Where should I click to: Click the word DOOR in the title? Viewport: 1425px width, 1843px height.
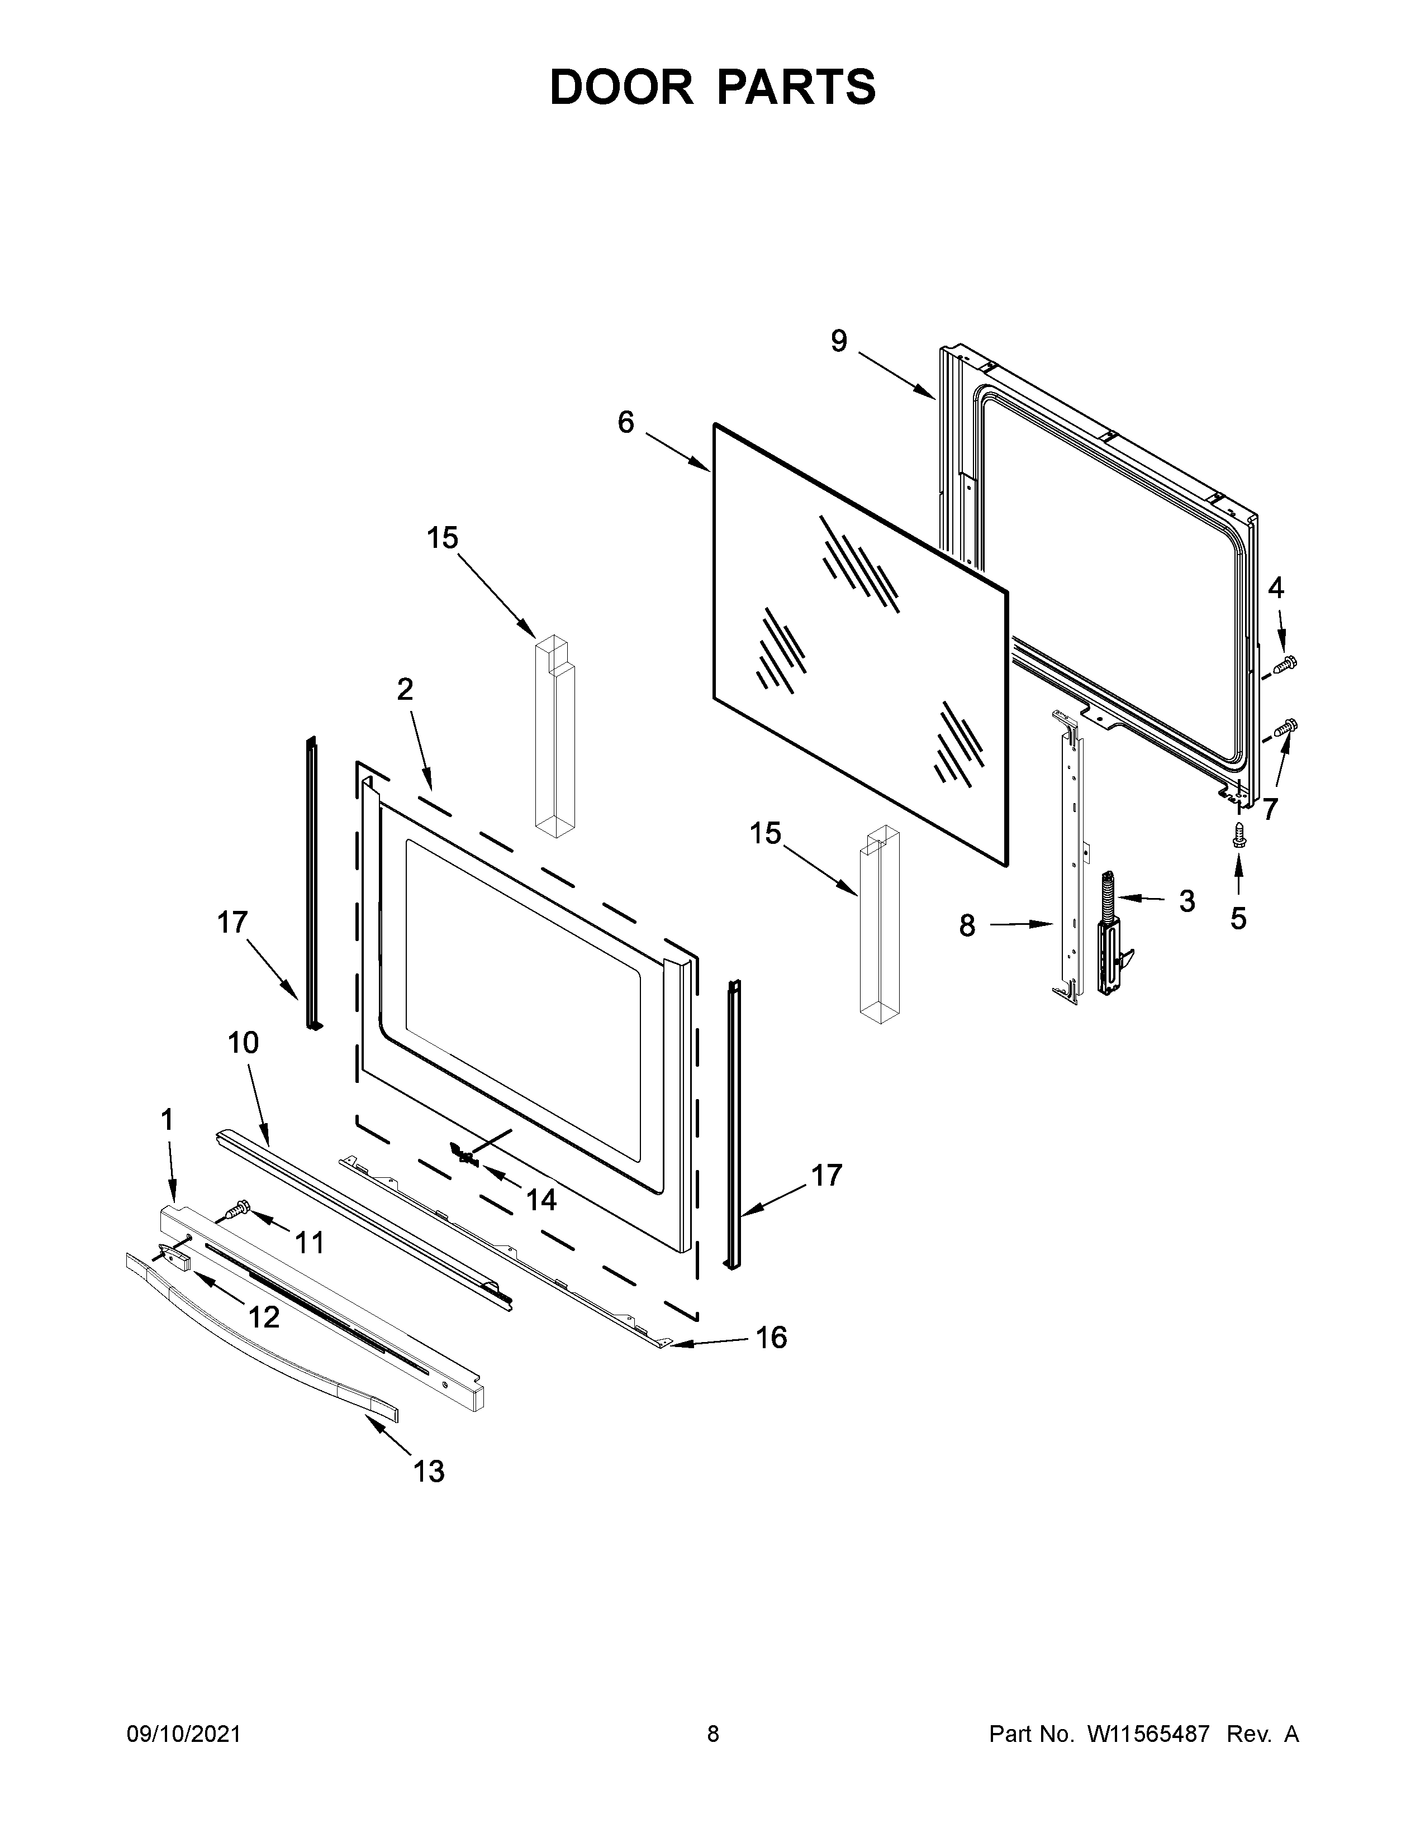[x=621, y=87]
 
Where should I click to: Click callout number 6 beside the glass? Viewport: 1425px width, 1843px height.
[x=625, y=422]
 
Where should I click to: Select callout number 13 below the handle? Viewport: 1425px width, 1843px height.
[x=429, y=1471]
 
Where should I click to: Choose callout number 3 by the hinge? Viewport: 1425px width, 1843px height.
[x=1187, y=901]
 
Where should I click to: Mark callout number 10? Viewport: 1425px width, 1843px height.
[x=243, y=1043]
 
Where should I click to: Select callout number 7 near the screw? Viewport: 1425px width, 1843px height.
[x=1270, y=809]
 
